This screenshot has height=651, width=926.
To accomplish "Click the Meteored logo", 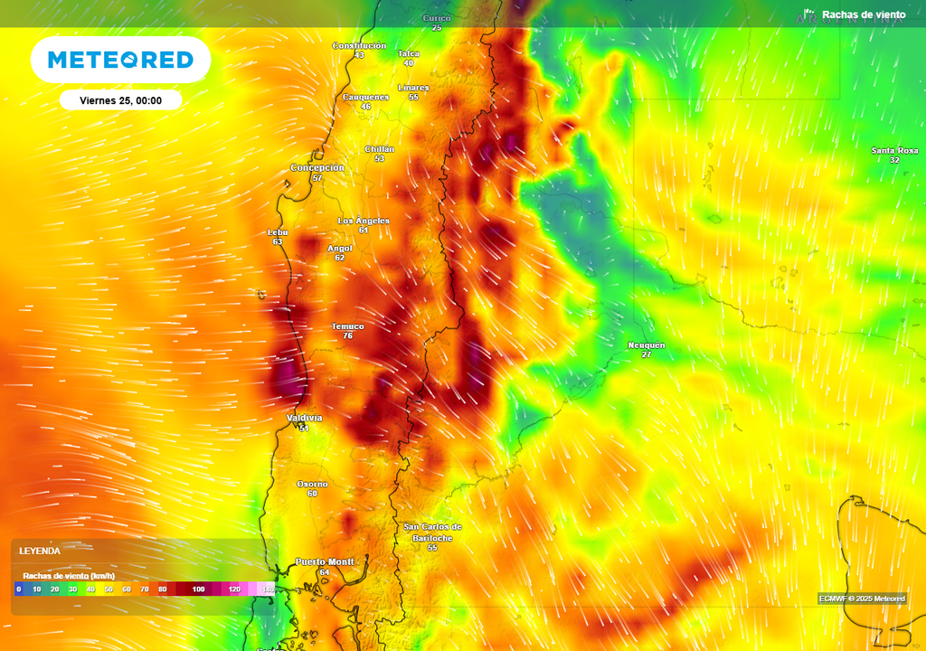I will [120, 60].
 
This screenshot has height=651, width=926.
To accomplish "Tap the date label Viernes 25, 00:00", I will [120, 100].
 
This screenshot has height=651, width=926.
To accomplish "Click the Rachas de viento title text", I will [863, 14].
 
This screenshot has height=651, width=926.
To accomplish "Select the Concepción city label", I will [317, 168].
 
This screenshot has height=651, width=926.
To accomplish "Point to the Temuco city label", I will [347, 326].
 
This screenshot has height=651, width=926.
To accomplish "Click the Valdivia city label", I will [304, 418].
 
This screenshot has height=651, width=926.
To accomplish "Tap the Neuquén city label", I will [646, 345].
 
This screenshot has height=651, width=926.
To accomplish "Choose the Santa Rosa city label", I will [894, 150].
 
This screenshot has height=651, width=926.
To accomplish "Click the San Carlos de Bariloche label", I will [432, 532].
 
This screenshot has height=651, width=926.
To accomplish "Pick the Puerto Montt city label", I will [325, 561].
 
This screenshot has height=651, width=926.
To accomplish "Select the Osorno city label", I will [312, 484].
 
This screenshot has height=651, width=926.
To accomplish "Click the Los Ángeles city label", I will [364, 221].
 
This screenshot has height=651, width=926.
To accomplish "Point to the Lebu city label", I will [278, 232].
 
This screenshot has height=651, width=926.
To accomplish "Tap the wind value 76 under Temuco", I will [347, 336].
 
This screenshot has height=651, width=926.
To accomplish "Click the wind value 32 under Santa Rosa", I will [894, 160].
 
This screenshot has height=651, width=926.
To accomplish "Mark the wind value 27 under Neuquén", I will [646, 354].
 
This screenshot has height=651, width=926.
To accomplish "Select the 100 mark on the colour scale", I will [198, 589].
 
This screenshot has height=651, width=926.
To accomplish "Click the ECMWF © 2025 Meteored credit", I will [862, 599].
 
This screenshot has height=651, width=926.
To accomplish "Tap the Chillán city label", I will [379, 149].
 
